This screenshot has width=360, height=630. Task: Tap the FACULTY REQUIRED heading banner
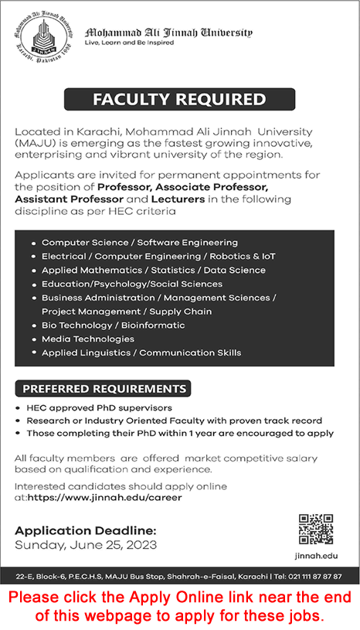[179, 99]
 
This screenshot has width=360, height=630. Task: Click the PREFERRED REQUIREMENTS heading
[104, 388]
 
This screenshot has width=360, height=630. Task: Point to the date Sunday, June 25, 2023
[86, 544]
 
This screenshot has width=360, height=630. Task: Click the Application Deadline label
[86, 530]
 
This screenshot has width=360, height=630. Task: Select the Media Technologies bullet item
[88, 339]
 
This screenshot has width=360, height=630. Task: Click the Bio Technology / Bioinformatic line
[113, 325]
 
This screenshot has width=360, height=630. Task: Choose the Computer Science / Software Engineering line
[140, 242]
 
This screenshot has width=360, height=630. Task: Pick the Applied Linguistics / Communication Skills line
[141, 352]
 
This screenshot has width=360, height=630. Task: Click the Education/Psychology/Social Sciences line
[132, 284]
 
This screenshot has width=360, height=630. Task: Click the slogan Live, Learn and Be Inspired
[129, 43]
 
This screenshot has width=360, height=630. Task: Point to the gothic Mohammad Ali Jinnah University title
[168, 32]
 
